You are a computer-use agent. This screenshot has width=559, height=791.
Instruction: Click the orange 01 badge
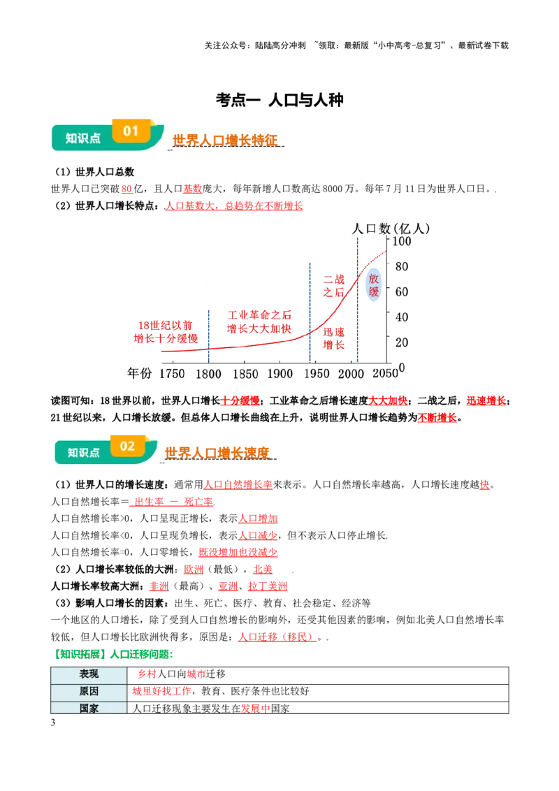[x=131, y=131]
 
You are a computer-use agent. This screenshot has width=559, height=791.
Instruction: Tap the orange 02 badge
[x=128, y=446]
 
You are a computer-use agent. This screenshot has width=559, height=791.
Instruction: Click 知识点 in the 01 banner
[x=83, y=138]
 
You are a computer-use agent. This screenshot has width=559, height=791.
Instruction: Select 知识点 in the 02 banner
[x=84, y=452]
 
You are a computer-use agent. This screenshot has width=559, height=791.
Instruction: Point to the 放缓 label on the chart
[x=374, y=286]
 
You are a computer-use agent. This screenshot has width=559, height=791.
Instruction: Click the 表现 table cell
[x=89, y=675]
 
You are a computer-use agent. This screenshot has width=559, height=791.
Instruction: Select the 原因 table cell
[x=89, y=692]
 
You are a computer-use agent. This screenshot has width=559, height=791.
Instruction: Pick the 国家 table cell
[x=89, y=708]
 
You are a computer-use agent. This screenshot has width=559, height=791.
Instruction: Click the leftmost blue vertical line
[x=209, y=335]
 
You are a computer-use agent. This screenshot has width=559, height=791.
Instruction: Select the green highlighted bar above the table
[x=112, y=654]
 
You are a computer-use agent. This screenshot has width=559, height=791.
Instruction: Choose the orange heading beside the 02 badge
[x=218, y=453]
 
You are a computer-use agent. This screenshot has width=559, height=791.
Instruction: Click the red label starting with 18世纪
[x=165, y=332]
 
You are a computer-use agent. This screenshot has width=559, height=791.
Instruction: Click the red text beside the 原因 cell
[x=161, y=692]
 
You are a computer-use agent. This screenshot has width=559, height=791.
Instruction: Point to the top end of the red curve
[x=384, y=251]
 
